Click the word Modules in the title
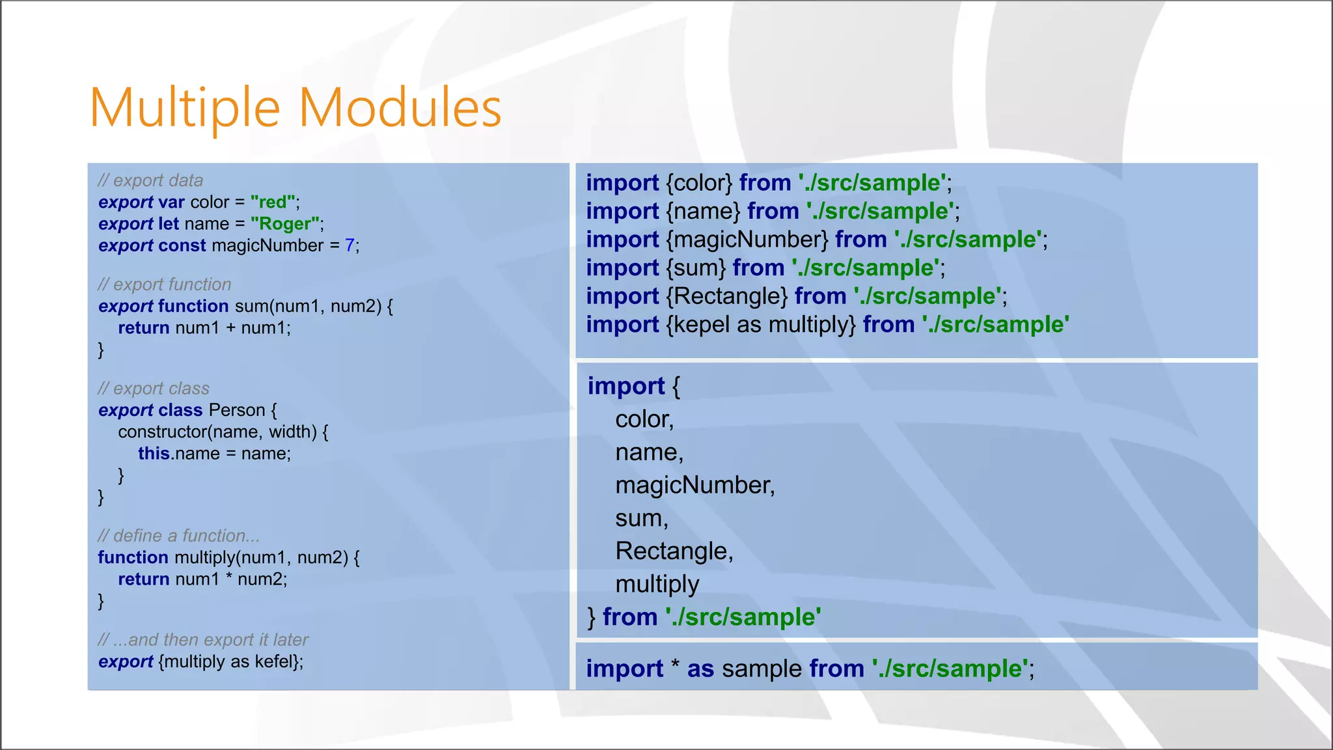400,107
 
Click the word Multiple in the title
185,107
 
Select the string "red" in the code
273,202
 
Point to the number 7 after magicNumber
350,245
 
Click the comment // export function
165,285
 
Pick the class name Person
237,410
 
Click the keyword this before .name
154,453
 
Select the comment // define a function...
178,536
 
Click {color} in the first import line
699,183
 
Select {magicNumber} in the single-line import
747,240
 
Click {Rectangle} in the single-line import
726,296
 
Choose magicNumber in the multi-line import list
694,485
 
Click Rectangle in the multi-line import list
674,551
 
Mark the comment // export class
154,389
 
